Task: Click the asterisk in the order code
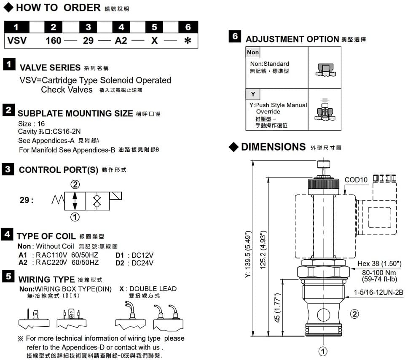tap(188, 41)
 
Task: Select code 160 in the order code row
tap(54, 41)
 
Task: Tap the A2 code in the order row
tap(121, 41)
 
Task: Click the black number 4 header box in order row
tap(121, 27)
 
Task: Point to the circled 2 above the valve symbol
tap(75, 184)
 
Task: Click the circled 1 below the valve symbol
tap(75, 217)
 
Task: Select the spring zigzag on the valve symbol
tap(58, 200)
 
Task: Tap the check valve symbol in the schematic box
tap(97, 201)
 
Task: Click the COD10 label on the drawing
tap(356, 180)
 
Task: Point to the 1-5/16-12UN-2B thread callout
tap(378, 292)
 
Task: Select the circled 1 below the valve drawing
tap(323, 351)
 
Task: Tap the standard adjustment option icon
tap(324, 70)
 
